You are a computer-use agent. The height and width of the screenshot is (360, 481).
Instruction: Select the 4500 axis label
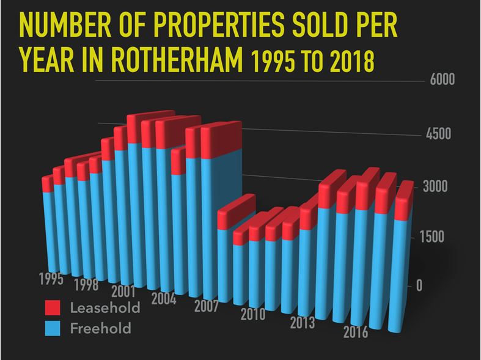(x=438, y=134)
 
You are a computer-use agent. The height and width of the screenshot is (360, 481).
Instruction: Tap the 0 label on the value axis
(x=419, y=285)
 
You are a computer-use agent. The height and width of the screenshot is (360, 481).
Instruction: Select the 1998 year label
(x=86, y=285)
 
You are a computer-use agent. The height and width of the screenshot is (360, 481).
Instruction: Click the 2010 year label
(x=252, y=315)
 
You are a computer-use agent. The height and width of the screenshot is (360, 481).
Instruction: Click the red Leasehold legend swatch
(x=53, y=307)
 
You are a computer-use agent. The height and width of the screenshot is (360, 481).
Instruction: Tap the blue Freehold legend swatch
(x=53, y=329)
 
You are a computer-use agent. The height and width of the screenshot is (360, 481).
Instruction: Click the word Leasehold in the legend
(x=105, y=307)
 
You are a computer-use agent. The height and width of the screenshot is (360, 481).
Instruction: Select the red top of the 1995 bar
(x=48, y=183)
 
